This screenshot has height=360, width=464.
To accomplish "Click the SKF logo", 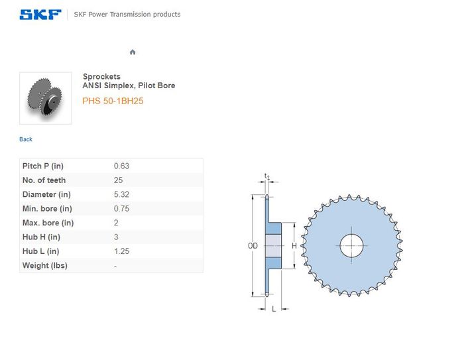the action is [40, 14].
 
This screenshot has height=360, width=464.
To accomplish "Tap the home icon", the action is [133, 52].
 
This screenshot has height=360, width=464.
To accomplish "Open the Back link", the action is [26, 139].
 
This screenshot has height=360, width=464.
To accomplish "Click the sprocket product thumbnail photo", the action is [46, 98].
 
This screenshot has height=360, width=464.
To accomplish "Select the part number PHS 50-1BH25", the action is [113, 101].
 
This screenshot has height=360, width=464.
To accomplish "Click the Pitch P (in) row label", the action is [43, 166].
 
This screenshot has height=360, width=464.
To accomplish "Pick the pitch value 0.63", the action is [121, 166].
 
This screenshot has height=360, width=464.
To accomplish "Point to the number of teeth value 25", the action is [119, 180].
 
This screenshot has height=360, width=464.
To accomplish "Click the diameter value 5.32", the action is [121, 194].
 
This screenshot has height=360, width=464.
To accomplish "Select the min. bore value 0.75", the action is [121, 209].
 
